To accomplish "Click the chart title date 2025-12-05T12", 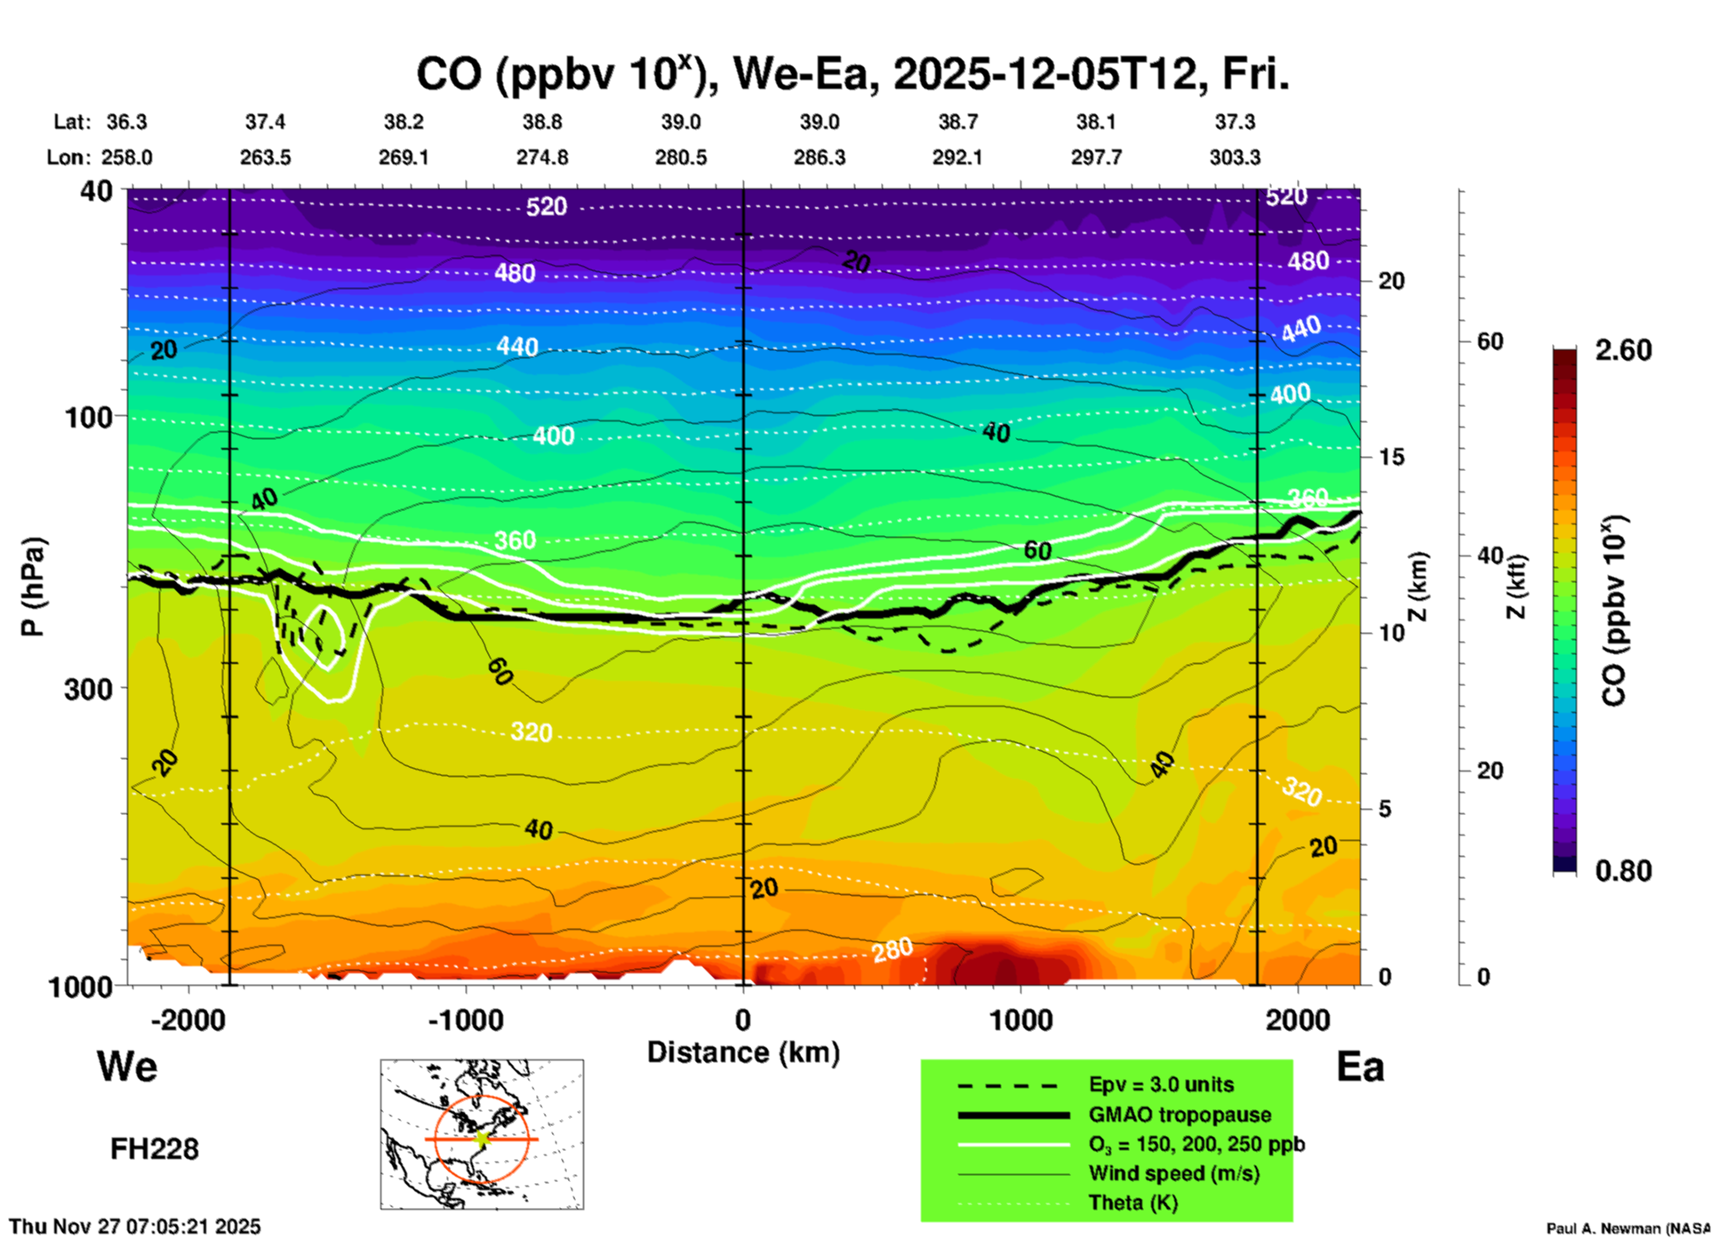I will pyautogui.click(x=1045, y=75).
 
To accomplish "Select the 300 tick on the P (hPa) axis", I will pyautogui.click(x=90, y=689).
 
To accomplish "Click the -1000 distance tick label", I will pyautogui.click(x=466, y=1020).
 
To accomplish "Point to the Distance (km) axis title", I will pyautogui.click(x=743, y=1052).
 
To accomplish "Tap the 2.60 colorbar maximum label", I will pyautogui.click(x=1623, y=350).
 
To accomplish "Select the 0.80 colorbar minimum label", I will pyautogui.click(x=1623, y=871).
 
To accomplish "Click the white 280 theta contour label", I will pyautogui.click(x=892, y=950).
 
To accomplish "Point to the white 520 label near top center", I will pyautogui.click(x=546, y=207).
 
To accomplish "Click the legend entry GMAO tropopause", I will pyautogui.click(x=1180, y=1115).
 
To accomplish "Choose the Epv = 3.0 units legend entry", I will pyautogui.click(x=1161, y=1085).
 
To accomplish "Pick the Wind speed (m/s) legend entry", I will pyautogui.click(x=1173, y=1173).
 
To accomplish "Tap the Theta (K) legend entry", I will pyautogui.click(x=1132, y=1203).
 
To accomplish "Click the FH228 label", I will pyautogui.click(x=155, y=1149).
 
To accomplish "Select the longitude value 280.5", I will pyautogui.click(x=681, y=157).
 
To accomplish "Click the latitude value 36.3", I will pyautogui.click(x=127, y=122).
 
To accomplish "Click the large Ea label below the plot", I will pyautogui.click(x=1360, y=1067).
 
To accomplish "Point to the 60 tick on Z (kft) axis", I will pyautogui.click(x=1490, y=342).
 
